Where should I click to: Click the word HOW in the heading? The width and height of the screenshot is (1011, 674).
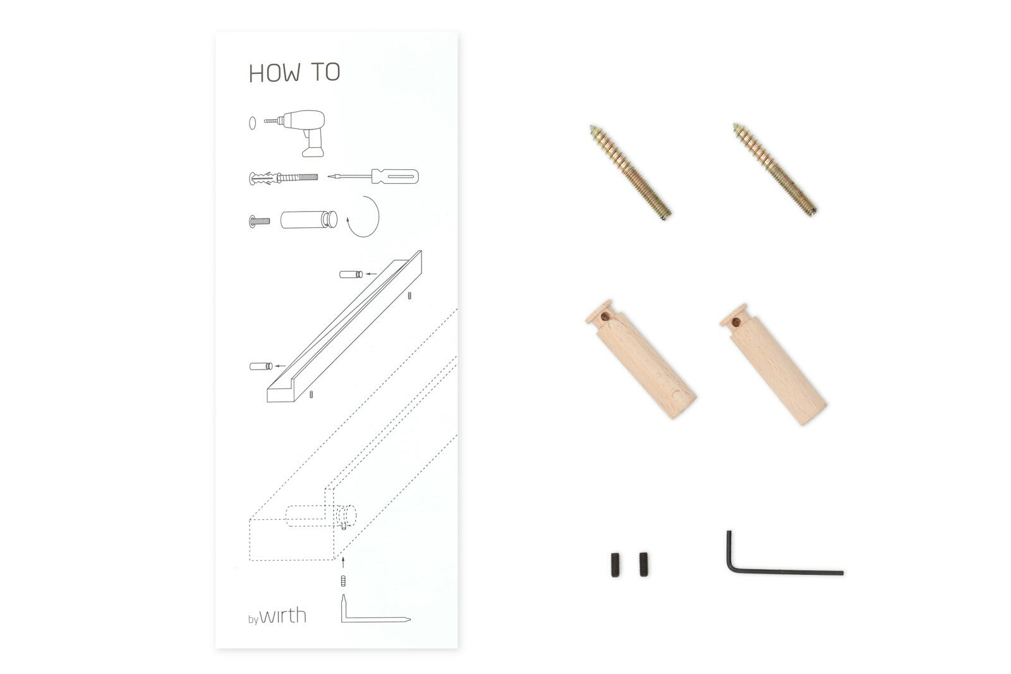tap(275, 73)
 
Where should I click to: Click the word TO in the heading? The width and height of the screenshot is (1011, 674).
tap(326, 72)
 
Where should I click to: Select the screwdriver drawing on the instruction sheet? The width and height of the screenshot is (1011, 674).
tap(373, 176)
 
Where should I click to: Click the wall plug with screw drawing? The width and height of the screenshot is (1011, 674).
tap(284, 178)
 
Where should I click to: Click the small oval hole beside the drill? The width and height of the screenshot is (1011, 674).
tap(252, 123)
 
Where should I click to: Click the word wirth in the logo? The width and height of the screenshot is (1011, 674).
tap(283, 615)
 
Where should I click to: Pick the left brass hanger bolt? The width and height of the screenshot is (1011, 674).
tap(631, 172)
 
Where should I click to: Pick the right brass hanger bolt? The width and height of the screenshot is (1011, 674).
tap(775, 169)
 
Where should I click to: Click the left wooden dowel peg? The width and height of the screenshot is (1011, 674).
tap(641, 359)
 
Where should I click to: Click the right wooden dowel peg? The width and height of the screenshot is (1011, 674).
tap(773, 364)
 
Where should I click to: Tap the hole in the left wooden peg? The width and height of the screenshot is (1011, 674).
tap(604, 316)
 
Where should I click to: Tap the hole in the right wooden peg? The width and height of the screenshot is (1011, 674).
tap(736, 322)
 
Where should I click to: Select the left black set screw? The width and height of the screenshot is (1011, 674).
tap(615, 565)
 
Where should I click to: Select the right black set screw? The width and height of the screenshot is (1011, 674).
tap(644, 564)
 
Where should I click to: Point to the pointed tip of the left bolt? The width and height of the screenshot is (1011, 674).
tap(591, 127)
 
